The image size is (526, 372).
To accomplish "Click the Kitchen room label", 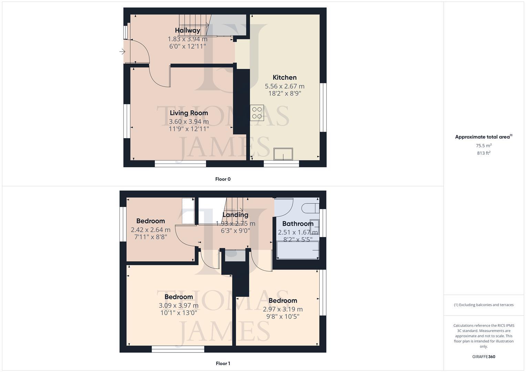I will [285, 77].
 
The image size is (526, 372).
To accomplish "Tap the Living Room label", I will [189, 113].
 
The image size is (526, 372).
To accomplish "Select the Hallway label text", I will [187, 30].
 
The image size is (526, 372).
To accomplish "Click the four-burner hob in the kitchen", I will [257, 113].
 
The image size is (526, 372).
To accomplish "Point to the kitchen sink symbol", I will [283, 154].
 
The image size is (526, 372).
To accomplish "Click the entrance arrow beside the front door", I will [122, 52].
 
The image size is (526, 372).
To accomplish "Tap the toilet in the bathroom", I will [309, 208].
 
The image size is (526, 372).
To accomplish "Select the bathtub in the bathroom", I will [298, 250].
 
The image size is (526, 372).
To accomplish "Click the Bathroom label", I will [298, 224].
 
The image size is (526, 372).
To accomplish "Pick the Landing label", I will [235, 215].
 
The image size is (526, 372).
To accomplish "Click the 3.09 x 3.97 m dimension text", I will [178, 306].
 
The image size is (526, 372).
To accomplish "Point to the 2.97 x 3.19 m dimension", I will [283, 309].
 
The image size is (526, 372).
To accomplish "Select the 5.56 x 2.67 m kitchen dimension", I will [285, 86].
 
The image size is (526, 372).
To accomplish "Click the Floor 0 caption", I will [223, 179].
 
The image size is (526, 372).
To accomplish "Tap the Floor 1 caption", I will [223, 363].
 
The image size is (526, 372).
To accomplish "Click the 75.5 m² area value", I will [484, 146].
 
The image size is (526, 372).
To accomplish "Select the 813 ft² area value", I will [484, 153].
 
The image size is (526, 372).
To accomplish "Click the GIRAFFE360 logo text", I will [484, 357].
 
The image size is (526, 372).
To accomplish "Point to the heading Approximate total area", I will [482, 137].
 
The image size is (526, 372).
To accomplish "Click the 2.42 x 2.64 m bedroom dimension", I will [151, 230].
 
